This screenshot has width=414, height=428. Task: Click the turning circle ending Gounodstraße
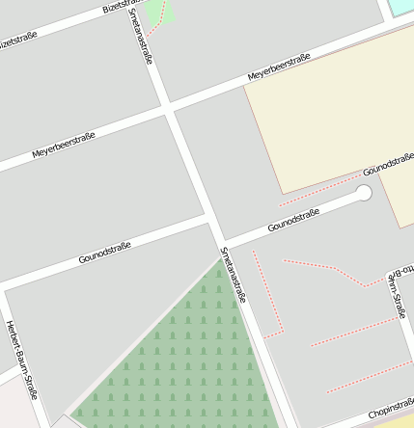coord(364,193)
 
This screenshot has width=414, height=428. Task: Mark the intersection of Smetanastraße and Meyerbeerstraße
coord(168,106)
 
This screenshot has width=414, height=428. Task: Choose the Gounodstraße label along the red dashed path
coord(388,162)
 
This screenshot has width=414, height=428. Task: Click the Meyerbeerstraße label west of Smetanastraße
coord(64,145)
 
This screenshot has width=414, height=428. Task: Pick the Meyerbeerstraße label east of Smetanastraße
coord(279,67)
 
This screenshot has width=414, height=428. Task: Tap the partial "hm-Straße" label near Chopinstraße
coord(396,293)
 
